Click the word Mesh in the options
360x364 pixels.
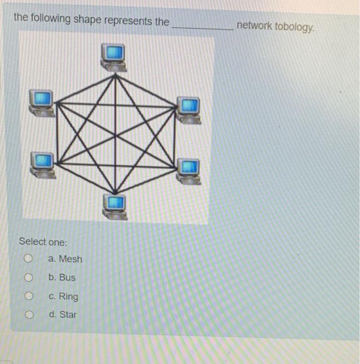coord(70,258)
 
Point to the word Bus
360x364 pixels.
coord(67,277)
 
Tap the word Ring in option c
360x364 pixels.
coord(69,296)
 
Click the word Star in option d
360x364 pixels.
coord(68,315)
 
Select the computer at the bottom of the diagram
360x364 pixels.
coord(114,205)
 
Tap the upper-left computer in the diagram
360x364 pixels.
coord(41,101)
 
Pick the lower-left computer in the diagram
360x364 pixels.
coord(42,163)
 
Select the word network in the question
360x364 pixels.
coord(254,25)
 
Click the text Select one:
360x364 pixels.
coord(43,242)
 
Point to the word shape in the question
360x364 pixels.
coord(87,20)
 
